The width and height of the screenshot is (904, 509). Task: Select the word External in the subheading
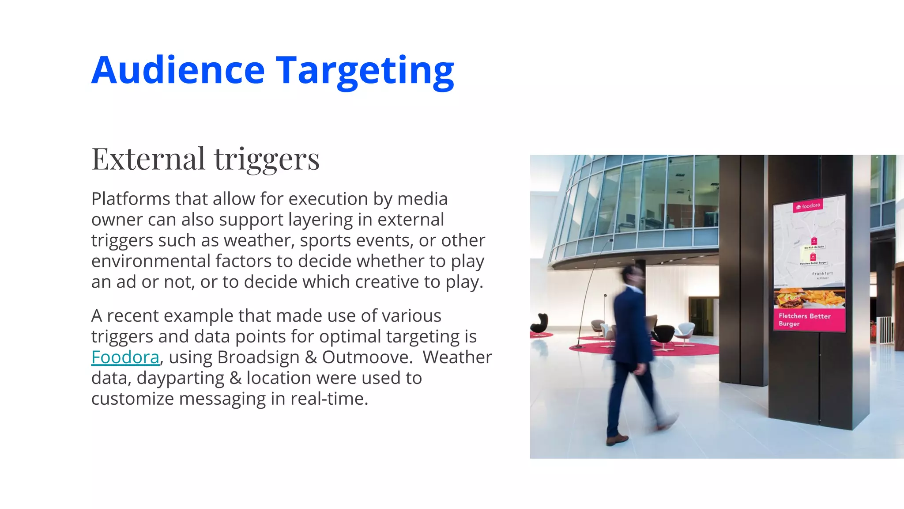pos(148,159)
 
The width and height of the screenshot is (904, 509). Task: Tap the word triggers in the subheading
pos(267,160)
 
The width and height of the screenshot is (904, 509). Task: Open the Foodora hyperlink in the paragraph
pos(125,357)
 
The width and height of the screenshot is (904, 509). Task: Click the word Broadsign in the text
pos(258,357)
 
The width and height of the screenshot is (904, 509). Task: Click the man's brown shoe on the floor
pos(617,439)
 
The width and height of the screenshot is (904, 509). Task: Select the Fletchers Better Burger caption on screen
pos(804,319)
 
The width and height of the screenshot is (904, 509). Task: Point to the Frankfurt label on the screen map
pos(822,273)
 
